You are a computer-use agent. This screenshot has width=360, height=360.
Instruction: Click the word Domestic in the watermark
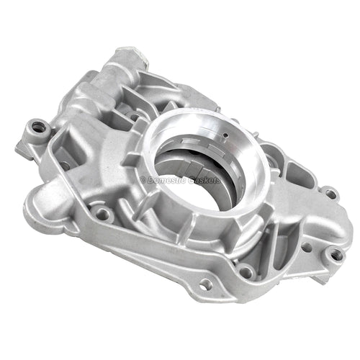click(x=166, y=180)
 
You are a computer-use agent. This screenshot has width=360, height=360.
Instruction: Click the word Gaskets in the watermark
click(x=204, y=180)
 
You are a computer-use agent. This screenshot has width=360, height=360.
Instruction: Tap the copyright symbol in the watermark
click(x=143, y=180)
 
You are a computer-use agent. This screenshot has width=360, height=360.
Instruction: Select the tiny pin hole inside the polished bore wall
click(x=225, y=135)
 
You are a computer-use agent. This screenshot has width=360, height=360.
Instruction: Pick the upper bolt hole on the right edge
click(x=330, y=193)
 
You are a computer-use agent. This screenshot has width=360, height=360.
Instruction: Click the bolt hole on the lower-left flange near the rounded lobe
click(x=102, y=212)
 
